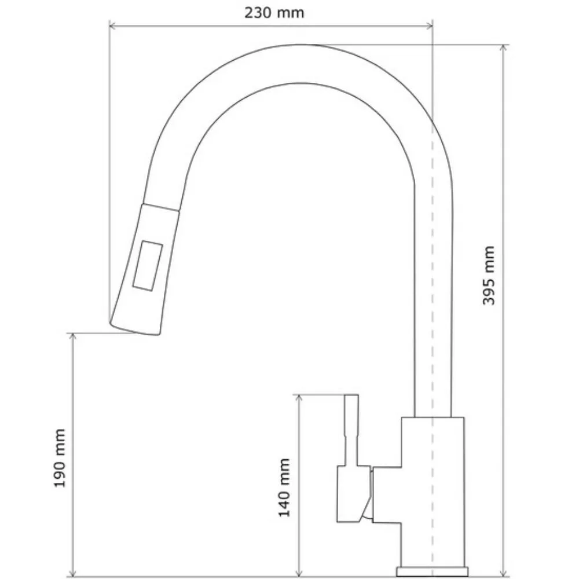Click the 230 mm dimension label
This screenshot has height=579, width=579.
274,13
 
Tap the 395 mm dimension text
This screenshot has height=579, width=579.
489,276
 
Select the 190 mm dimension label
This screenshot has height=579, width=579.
60,458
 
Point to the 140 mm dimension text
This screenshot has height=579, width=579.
284,488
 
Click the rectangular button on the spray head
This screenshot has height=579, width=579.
148,266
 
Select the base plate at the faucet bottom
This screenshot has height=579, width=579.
432,571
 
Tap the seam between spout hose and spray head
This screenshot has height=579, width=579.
161,207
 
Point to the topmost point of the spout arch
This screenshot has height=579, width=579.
301,45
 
